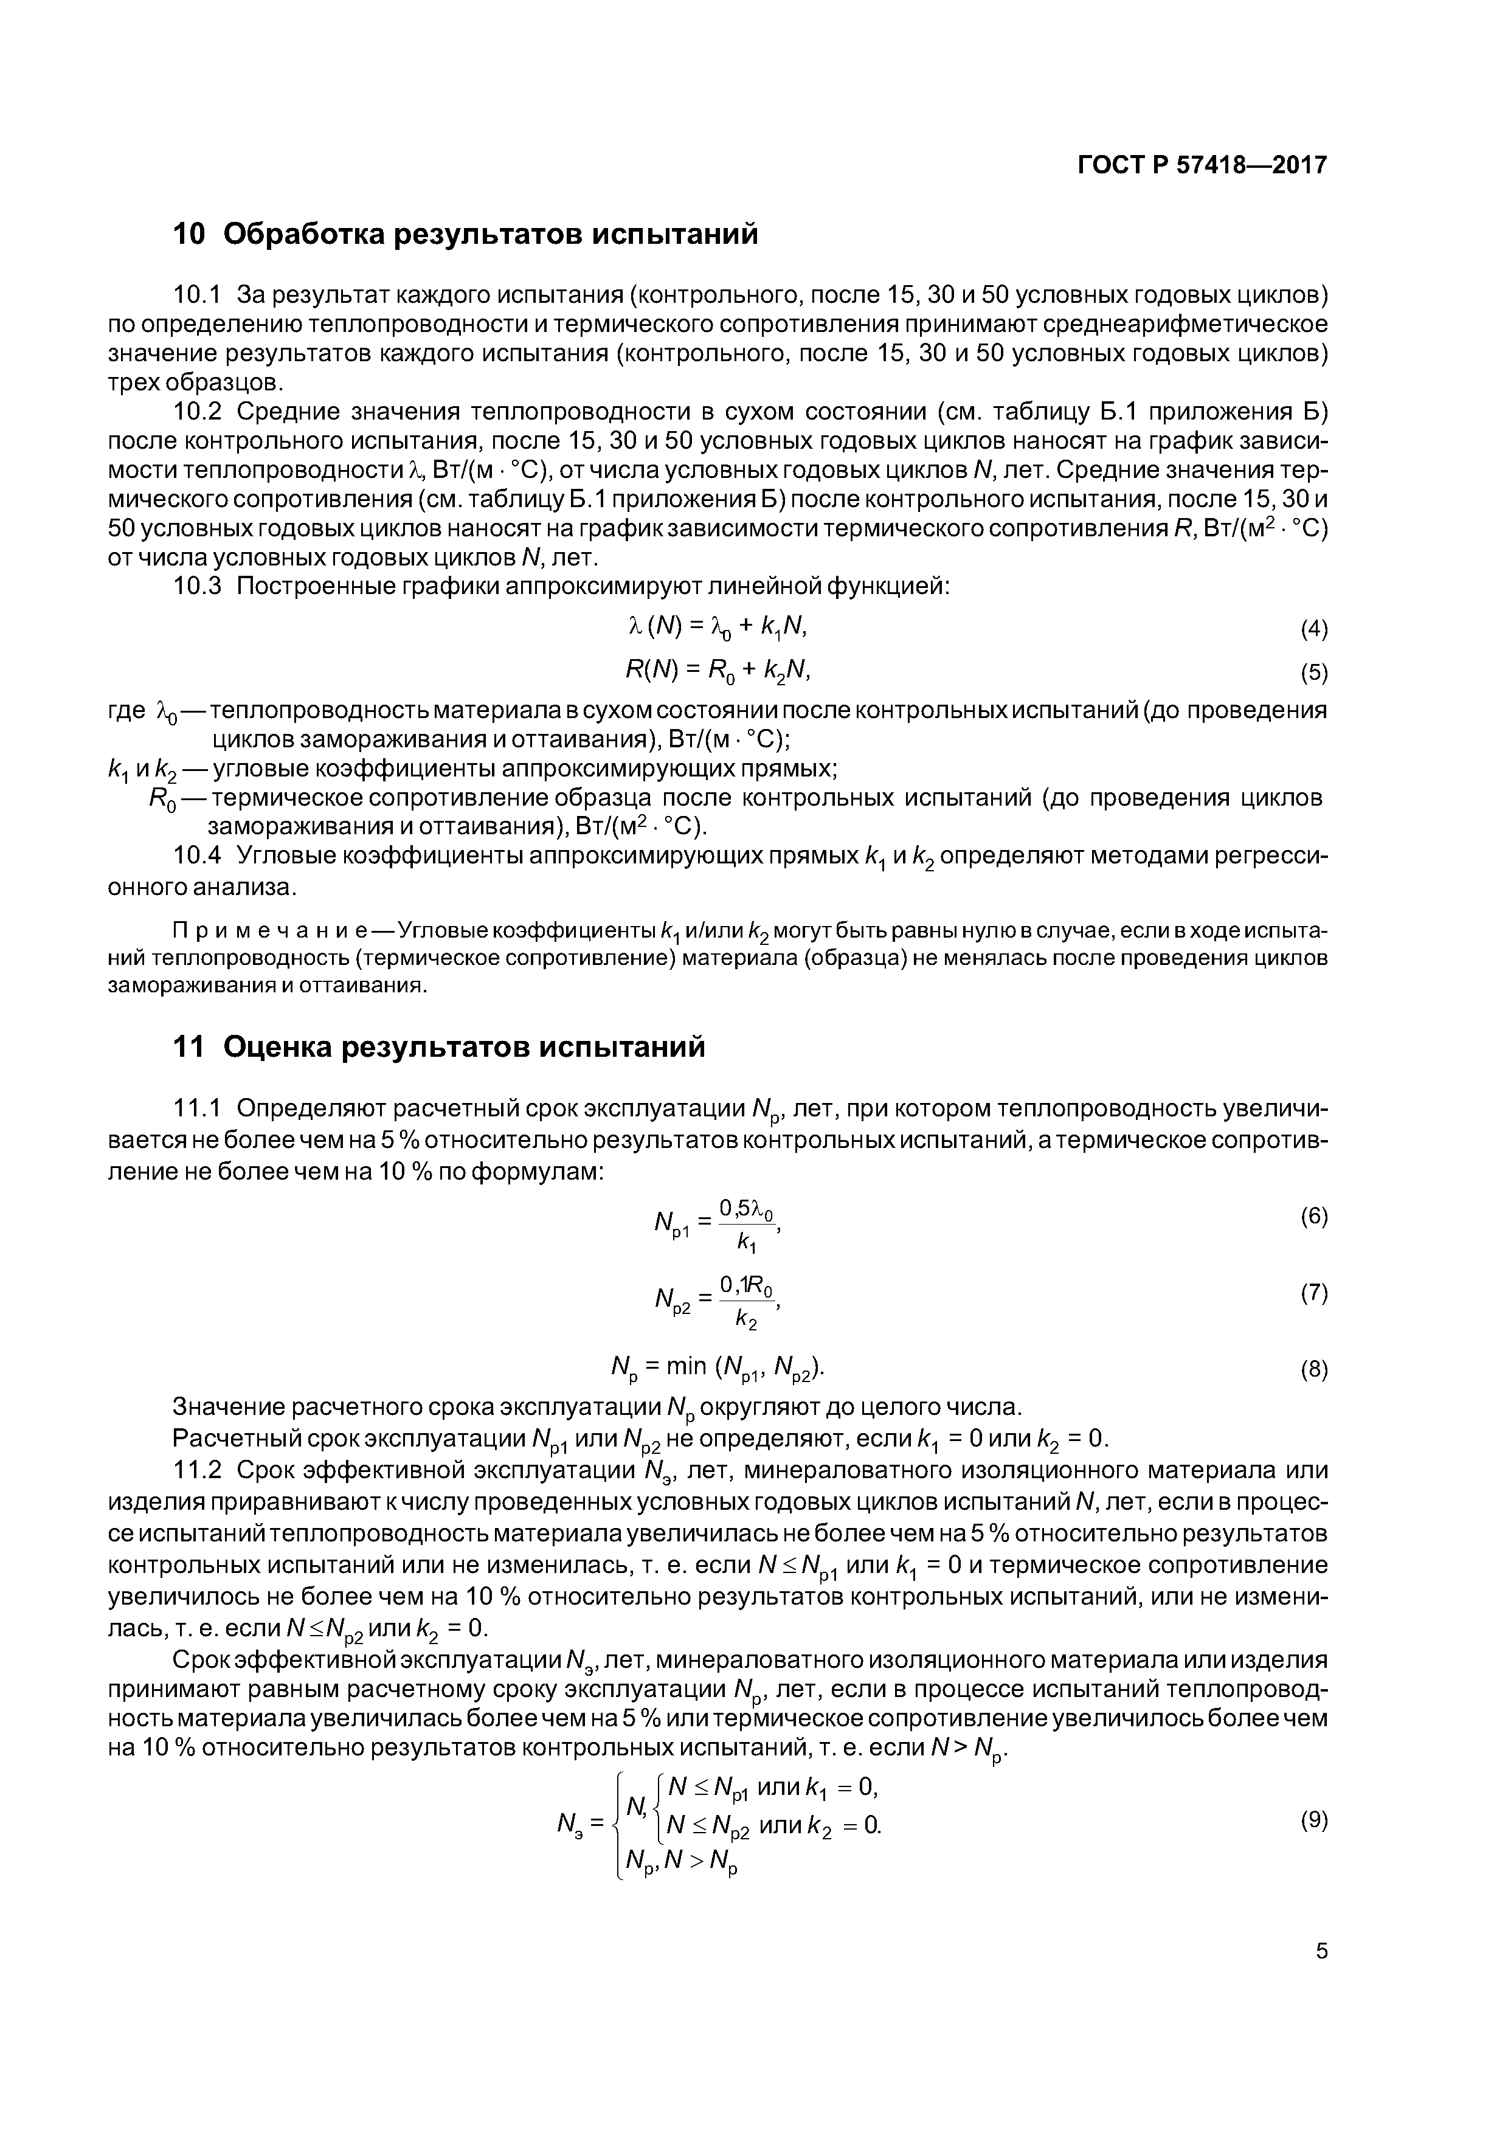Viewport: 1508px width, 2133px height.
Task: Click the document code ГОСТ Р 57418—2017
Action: pyautogui.click(x=1202, y=165)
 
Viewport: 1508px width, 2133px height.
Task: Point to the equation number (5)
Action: pyautogui.click(x=1314, y=672)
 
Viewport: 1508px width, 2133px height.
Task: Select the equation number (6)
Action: pyautogui.click(x=1314, y=1216)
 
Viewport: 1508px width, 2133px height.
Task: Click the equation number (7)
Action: pyautogui.click(x=1314, y=1292)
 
